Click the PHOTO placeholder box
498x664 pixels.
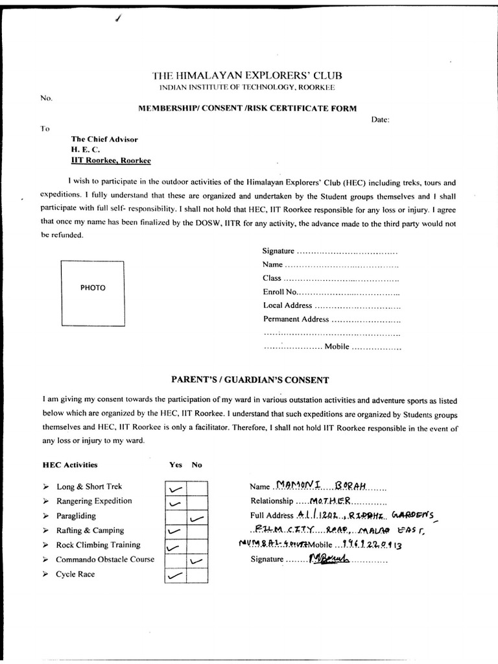point(93,292)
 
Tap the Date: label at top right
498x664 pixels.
point(380,120)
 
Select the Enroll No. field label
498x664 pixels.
point(279,292)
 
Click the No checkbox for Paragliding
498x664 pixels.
point(198,516)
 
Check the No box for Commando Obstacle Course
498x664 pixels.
point(198,560)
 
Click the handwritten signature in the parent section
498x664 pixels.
point(327,558)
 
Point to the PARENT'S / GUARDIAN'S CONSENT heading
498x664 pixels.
point(249,380)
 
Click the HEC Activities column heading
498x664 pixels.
point(69,464)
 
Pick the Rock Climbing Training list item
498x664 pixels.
point(98,545)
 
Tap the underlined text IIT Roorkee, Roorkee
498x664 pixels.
point(111,160)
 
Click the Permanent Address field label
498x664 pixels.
point(296,319)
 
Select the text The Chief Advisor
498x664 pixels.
point(104,139)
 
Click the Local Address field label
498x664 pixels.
point(287,305)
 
